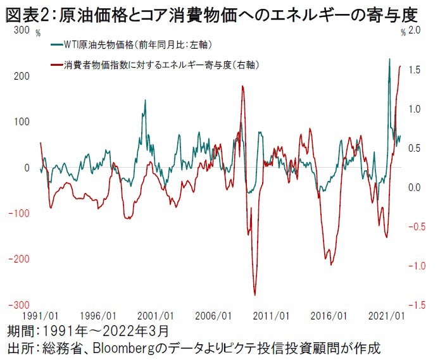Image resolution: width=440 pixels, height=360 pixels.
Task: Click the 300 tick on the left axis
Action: [21, 30]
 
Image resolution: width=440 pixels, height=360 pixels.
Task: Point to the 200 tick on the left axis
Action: [21, 76]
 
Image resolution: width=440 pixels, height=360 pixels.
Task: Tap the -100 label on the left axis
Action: [19, 213]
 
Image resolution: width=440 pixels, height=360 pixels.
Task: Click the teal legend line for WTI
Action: [56, 46]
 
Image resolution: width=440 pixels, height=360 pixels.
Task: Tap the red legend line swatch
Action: [56, 65]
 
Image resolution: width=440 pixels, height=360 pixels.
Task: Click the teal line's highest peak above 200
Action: [389, 59]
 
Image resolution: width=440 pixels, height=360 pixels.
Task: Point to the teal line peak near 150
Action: [145, 100]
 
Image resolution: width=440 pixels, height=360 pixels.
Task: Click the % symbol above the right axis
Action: [403, 32]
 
